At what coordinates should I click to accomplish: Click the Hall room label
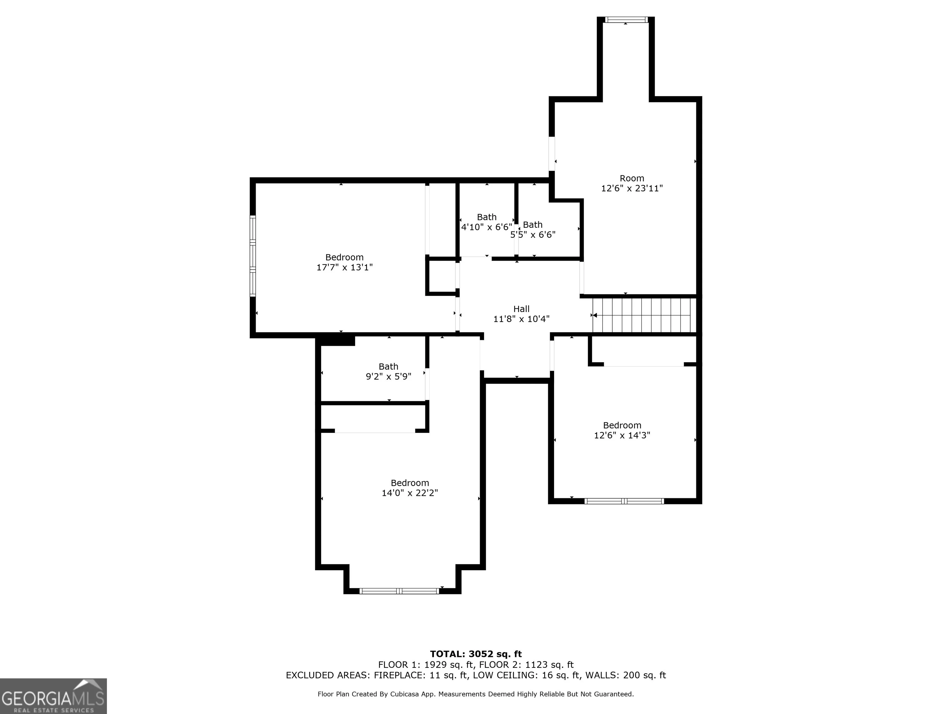click(x=521, y=309)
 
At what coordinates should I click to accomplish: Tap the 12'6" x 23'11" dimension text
click(x=632, y=188)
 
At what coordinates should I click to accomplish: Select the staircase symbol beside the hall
click(x=644, y=315)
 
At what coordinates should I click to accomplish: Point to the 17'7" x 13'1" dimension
click(x=344, y=267)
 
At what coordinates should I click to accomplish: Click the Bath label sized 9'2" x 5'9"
click(x=388, y=367)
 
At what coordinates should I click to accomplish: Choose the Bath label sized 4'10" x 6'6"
click(x=487, y=217)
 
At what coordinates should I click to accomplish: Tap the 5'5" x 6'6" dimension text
click(x=533, y=235)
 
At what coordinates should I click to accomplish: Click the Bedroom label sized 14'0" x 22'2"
click(x=410, y=483)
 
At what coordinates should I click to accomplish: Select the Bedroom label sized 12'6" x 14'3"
click(x=622, y=425)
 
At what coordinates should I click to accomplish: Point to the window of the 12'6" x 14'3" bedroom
click(x=624, y=501)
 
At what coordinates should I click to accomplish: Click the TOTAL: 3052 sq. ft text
click(x=476, y=654)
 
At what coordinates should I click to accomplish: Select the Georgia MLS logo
click(x=53, y=696)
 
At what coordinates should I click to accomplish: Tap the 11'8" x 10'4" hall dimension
click(x=521, y=319)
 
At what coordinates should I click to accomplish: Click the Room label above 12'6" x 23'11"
click(x=632, y=178)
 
